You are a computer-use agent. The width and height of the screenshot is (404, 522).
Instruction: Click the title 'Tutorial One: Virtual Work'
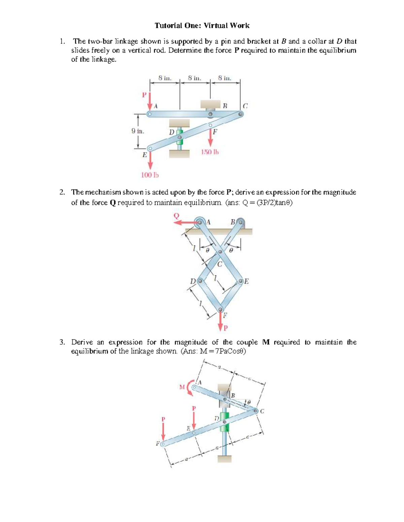[202, 26]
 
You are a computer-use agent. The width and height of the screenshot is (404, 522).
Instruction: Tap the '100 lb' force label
[149, 175]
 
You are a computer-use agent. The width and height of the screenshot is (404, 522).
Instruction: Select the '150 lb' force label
[210, 152]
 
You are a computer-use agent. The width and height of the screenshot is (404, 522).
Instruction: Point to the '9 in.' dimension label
[138, 131]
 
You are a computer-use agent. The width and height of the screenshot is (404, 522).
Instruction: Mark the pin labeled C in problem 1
[240, 114]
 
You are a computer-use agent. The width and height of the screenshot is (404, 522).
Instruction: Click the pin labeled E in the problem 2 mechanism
[241, 281]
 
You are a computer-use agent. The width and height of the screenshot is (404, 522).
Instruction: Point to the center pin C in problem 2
[220, 251]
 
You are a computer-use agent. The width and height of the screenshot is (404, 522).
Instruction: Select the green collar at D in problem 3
[224, 421]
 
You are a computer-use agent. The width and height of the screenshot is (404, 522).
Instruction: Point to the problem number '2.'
[62, 192]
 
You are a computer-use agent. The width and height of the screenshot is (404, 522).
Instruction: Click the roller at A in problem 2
[200, 222]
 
